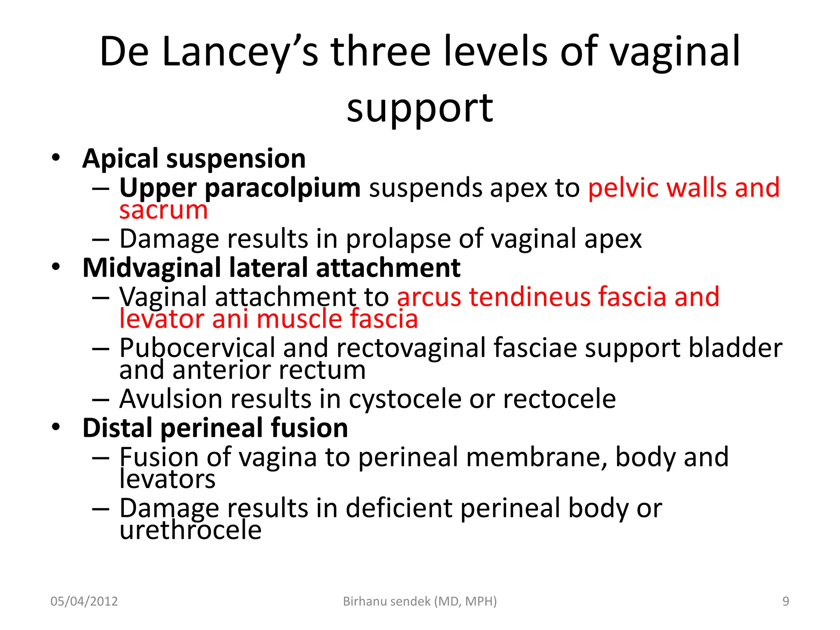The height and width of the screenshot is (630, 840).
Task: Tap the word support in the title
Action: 420,108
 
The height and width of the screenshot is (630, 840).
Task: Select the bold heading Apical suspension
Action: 194,159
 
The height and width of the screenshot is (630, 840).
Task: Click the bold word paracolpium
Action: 283,188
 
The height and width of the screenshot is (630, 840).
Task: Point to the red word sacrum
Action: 164,210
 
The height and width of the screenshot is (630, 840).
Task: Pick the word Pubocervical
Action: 197,348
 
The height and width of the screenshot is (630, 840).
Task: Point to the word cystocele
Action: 405,399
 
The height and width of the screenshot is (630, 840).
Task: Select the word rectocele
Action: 559,399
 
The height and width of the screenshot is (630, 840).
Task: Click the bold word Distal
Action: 117,428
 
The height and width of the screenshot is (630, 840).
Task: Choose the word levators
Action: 167,479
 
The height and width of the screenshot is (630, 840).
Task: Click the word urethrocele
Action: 191,530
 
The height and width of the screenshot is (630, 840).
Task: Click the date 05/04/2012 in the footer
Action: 84,601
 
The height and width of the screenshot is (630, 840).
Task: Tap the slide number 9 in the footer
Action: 785,601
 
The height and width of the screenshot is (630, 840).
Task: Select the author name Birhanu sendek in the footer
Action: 387,601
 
